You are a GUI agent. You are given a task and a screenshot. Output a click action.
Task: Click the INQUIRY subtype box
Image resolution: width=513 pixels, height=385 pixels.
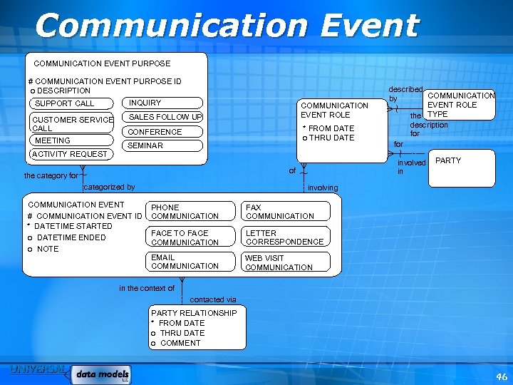[x=162, y=103]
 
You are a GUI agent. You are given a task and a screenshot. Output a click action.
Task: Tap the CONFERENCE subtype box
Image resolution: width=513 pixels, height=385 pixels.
[x=164, y=132]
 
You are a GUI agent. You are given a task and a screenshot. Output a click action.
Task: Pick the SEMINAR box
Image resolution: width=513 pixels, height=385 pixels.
[x=164, y=145]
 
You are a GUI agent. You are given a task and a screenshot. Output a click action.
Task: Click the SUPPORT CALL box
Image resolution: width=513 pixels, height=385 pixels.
[x=71, y=103]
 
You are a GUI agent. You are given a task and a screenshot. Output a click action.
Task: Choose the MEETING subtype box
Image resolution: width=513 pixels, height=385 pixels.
[x=71, y=140]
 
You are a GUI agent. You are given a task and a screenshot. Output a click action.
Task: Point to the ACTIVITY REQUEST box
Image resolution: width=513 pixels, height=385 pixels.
[x=70, y=154]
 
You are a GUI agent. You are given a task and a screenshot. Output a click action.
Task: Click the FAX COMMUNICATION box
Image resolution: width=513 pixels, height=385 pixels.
[x=286, y=212]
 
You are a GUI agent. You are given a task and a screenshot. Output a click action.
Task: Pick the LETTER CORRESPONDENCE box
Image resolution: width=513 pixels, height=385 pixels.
[x=286, y=237]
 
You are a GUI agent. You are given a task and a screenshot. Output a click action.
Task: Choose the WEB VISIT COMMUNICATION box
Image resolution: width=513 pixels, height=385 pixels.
[x=286, y=262]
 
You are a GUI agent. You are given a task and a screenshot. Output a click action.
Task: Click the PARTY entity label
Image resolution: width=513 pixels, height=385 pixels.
[x=448, y=160]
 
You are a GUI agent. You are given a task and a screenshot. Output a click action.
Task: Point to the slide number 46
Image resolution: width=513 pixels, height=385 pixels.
[x=502, y=376]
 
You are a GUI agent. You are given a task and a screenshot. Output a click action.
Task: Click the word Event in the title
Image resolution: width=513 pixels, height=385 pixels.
[x=368, y=26]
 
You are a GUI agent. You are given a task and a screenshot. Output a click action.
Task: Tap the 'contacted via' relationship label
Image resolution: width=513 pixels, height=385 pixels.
[x=213, y=299]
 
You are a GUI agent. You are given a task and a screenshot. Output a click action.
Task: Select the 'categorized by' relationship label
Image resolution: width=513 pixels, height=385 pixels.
[x=109, y=187]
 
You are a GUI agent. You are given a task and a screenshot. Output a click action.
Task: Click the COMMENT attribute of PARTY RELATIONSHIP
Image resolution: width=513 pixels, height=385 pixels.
[x=180, y=343]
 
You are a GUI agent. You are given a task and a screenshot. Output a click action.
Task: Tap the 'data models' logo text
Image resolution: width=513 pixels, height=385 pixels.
[x=103, y=374]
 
